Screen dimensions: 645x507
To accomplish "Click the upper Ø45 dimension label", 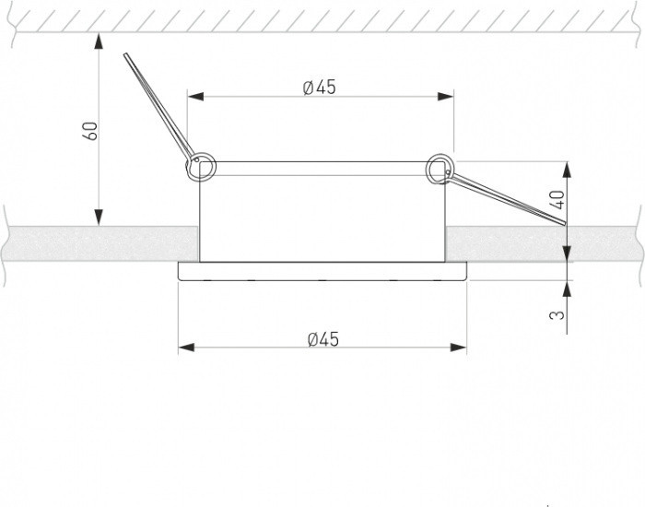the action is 319,88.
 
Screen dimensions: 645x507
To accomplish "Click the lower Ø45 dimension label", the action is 323,339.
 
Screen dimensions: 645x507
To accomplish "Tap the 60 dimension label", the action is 90,131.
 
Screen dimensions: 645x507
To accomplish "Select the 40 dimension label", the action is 557,200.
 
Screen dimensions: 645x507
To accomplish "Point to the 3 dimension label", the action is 557,315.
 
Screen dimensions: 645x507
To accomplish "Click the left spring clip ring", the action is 201,168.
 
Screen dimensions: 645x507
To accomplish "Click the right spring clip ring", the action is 440,170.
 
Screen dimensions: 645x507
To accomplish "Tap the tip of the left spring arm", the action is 125,53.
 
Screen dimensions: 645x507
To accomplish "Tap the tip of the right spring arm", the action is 565,224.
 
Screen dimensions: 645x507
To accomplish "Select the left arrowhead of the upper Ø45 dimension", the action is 195,97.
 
